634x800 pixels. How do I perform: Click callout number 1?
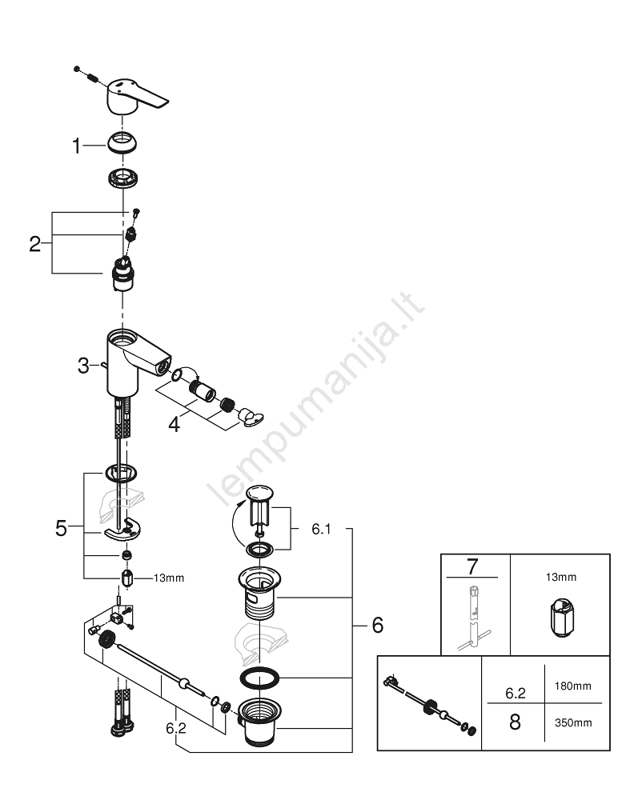[77, 146]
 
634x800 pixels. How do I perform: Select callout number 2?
[34, 244]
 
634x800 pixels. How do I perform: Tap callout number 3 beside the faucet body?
[83, 366]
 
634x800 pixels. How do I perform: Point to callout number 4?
[175, 425]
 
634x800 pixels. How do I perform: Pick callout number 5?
[62, 528]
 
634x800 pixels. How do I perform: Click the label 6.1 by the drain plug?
[321, 529]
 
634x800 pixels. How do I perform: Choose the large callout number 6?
[378, 625]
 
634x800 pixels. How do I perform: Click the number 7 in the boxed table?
[472, 567]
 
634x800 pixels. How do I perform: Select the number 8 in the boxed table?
[515, 722]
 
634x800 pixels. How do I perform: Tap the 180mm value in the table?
[572, 686]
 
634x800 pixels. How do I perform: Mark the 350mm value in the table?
[572, 722]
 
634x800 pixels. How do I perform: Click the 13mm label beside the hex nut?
[169, 578]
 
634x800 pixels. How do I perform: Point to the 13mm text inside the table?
[561, 577]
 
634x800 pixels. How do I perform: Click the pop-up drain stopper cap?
[260, 493]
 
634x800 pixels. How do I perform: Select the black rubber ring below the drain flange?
[259, 678]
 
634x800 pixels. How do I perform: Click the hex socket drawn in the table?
[561, 618]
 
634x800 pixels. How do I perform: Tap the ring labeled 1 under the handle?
[122, 142]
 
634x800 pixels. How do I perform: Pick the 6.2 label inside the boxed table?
[515, 693]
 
